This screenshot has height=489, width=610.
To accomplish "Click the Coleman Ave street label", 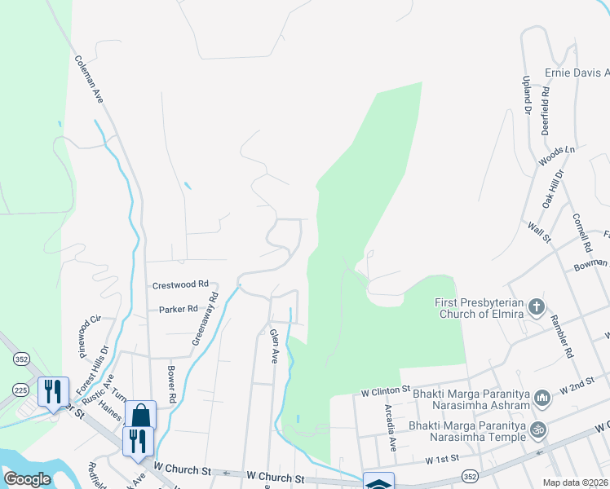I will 90,79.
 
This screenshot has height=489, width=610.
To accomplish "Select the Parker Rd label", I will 179,309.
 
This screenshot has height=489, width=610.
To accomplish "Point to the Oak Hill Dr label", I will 554,191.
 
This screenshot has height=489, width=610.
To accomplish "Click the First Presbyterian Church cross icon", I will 537,306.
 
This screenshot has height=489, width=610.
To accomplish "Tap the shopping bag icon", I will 140,415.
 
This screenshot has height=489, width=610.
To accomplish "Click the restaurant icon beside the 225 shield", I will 52,391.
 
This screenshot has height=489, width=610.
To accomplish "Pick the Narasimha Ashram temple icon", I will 541,397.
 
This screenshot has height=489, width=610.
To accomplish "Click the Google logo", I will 27,479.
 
